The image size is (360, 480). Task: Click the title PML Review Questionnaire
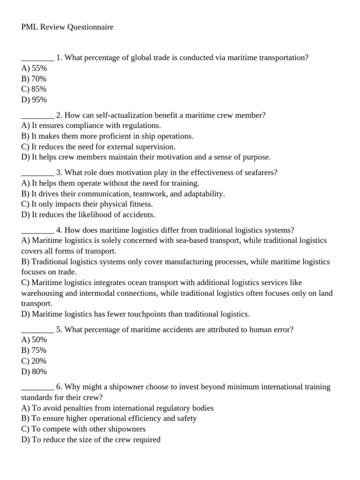67,27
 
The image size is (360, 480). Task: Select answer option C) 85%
34,89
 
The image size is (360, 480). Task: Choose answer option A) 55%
34,68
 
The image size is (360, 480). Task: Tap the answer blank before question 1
37,58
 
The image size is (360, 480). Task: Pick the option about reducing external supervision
98,147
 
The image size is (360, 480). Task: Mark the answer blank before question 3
37,173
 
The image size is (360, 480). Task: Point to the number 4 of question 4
59,230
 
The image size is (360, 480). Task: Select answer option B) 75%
34,351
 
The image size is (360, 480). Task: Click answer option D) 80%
34,372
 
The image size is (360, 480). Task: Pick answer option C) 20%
34,361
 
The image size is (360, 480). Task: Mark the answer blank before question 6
37,387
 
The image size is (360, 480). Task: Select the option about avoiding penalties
117,408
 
